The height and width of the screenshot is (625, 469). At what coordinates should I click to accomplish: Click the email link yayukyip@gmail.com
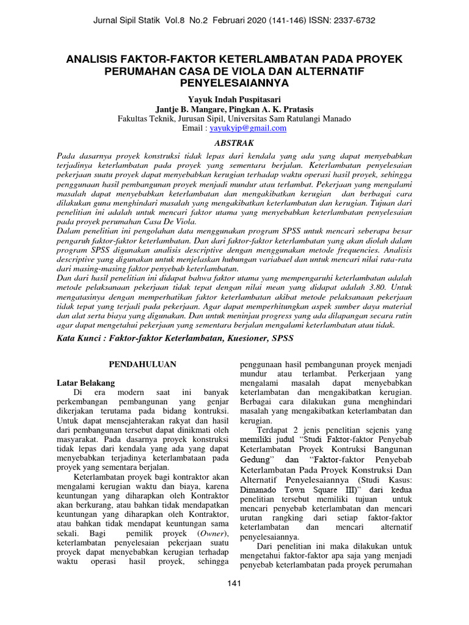tap(247, 128)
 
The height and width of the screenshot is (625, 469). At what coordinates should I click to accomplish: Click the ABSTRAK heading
tap(234, 142)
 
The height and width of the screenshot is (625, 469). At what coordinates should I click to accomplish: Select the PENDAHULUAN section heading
tap(142, 364)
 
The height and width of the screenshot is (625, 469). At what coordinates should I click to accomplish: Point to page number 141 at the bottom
tap(234, 583)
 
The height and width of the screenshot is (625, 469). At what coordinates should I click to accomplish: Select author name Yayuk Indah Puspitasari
tap(234, 99)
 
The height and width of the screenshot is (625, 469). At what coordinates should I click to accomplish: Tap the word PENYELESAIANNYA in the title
tap(234, 82)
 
